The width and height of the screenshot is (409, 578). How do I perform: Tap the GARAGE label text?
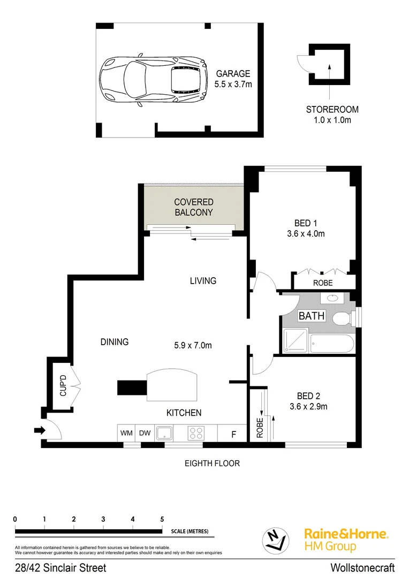click(x=233, y=74)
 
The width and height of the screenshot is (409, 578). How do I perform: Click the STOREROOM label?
click(x=332, y=109)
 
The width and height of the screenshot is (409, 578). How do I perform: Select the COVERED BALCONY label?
click(x=194, y=207)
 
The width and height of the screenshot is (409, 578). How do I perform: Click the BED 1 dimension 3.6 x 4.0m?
click(x=309, y=233)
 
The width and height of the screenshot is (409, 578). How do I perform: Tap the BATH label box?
click(x=311, y=316)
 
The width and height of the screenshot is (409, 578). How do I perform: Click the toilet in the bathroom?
click(x=342, y=320)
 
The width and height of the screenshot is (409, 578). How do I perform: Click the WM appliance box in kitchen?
click(x=126, y=432)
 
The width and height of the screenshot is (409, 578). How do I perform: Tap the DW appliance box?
click(x=145, y=432)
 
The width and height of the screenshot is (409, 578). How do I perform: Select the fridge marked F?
click(x=233, y=433)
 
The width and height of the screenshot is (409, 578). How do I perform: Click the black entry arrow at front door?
click(x=39, y=430)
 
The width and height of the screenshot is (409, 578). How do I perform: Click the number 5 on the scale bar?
click(x=162, y=519)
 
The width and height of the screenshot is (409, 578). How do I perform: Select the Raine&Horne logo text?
click(x=346, y=534)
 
